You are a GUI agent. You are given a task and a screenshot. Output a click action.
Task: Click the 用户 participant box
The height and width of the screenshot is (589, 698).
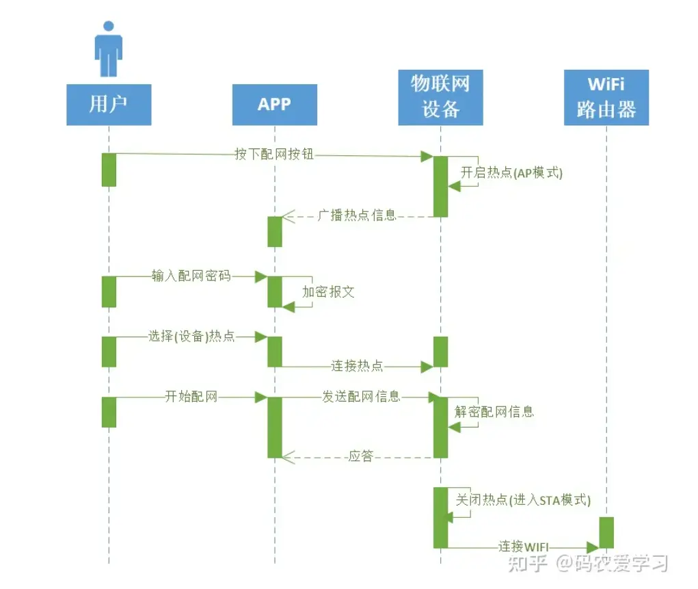(109, 105)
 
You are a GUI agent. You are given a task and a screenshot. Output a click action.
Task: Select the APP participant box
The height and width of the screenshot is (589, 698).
(275, 105)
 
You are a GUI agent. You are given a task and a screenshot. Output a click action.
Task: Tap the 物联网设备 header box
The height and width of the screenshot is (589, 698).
(440, 97)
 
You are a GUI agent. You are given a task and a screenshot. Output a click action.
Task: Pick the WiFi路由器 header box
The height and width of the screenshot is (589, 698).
(606, 97)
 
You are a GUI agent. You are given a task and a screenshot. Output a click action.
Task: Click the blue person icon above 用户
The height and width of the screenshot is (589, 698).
(108, 49)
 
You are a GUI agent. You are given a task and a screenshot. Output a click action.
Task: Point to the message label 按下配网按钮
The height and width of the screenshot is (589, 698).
(274, 154)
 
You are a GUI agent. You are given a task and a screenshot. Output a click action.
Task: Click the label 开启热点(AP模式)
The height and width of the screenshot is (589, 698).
(511, 172)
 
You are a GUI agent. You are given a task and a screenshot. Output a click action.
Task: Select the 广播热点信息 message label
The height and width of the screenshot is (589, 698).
(357, 215)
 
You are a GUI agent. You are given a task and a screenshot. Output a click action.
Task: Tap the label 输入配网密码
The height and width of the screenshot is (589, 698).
(191, 276)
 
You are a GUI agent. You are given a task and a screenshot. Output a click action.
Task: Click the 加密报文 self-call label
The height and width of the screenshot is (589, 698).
(329, 292)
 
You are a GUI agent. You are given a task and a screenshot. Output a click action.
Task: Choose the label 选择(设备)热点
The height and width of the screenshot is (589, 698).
(191, 336)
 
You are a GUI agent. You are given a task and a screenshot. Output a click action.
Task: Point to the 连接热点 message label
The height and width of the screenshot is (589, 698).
(357, 366)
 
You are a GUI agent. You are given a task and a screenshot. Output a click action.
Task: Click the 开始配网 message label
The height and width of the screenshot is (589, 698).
(191, 396)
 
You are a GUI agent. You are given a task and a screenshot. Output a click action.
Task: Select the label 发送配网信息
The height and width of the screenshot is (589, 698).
(361, 396)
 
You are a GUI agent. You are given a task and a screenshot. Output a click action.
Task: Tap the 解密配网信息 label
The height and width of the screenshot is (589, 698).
(494, 411)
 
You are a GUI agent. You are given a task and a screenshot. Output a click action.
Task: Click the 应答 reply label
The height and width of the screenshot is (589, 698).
(361, 456)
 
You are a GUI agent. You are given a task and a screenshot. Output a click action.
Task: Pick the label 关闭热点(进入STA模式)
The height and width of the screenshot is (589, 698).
(523, 500)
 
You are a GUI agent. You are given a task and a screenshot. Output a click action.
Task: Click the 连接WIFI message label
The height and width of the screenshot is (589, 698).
(524, 546)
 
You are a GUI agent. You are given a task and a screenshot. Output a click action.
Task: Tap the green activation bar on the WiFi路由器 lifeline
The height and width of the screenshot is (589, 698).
(606, 532)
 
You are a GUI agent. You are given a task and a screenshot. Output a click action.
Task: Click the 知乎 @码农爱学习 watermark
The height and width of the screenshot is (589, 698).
(588, 563)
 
